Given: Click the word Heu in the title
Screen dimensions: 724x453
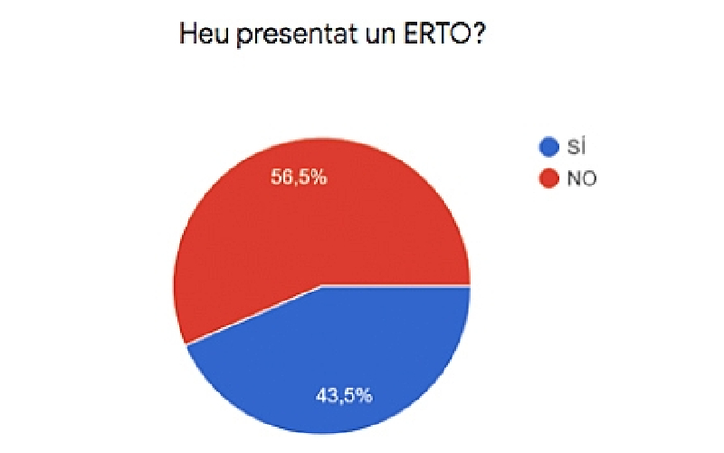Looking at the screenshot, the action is click(x=204, y=34).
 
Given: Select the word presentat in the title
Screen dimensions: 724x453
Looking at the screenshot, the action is click(x=298, y=35).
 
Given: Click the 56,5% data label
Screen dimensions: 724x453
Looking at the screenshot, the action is click(x=299, y=177).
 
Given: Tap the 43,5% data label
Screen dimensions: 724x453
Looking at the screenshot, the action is click(x=344, y=395).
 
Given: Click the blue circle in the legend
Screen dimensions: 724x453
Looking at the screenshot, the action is click(x=549, y=147).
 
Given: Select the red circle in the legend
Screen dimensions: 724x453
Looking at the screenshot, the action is click(x=549, y=178).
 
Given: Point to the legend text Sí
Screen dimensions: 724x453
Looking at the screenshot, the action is click(x=576, y=147).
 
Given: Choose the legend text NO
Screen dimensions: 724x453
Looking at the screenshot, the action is click(x=582, y=178).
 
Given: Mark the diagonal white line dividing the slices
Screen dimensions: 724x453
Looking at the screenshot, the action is click(x=253, y=314).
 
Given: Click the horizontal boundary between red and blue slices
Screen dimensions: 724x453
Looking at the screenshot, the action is click(x=395, y=285).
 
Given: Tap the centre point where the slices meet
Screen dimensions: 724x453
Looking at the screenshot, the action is click(x=321, y=285).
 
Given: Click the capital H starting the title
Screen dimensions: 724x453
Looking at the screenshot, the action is click(x=187, y=34).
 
